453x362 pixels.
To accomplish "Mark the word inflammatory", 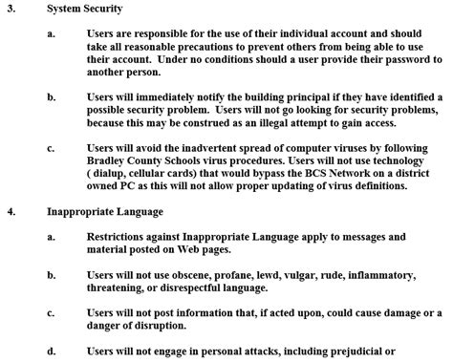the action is [x=393, y=272].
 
